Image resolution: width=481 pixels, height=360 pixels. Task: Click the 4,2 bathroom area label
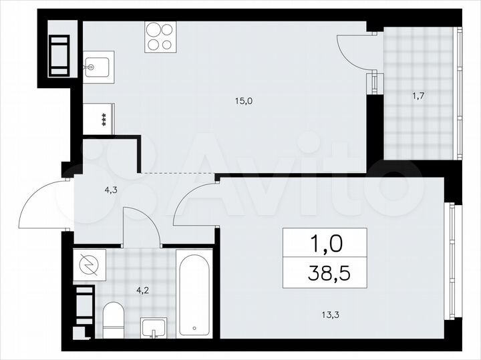click(x=142, y=290)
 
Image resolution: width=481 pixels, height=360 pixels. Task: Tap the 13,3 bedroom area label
click(x=323, y=309)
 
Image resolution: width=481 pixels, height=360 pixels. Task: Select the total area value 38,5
click(x=324, y=273)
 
